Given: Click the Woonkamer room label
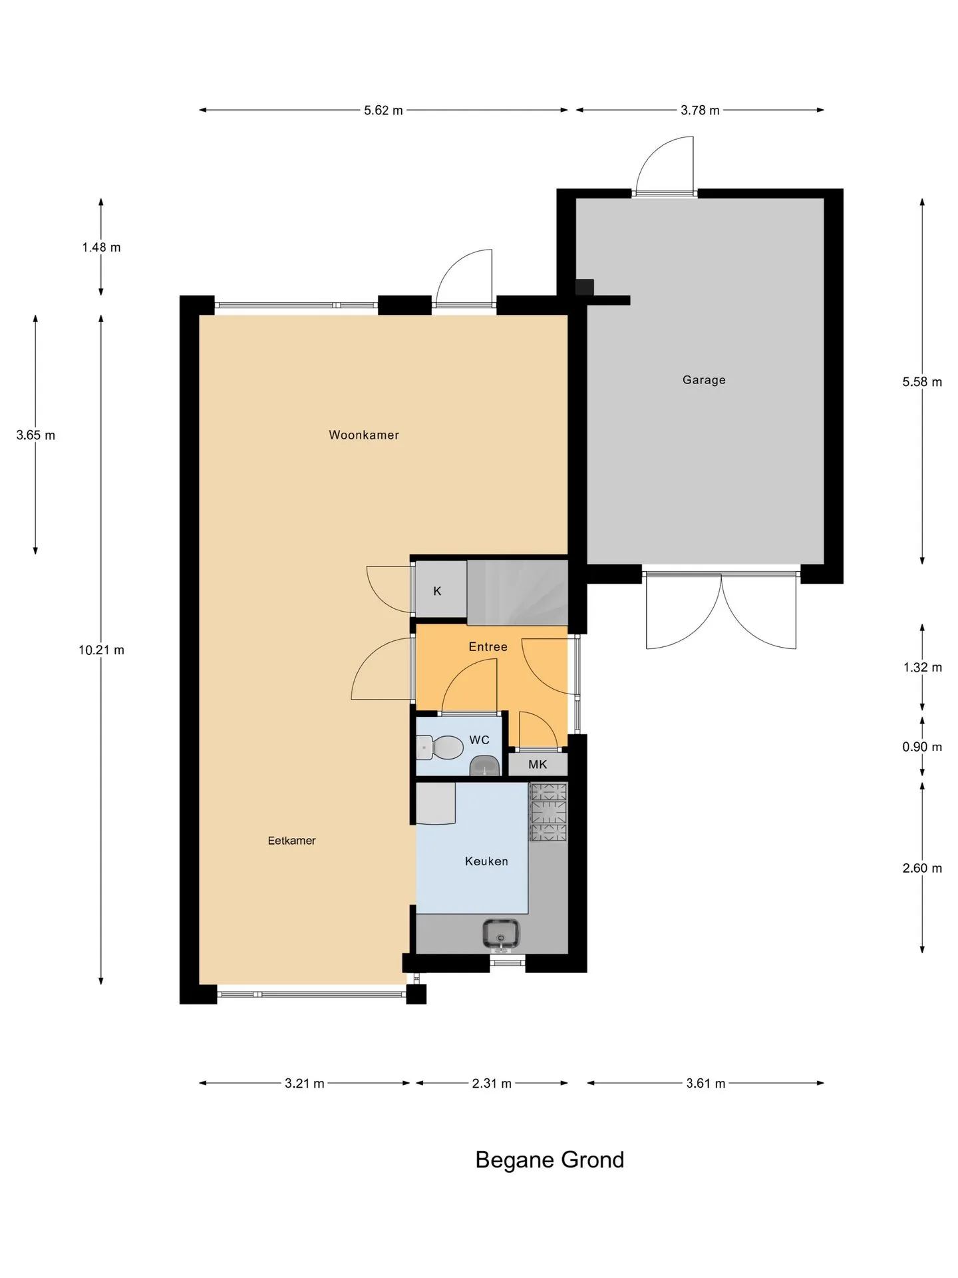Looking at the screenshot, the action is pyautogui.click(x=364, y=435).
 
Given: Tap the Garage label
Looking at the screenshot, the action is pyautogui.click(x=704, y=380).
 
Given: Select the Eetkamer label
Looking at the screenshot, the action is pyautogui.click(x=291, y=841).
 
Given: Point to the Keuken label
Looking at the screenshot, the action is pyautogui.click(x=486, y=861).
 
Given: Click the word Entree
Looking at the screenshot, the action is pyautogui.click(x=488, y=646).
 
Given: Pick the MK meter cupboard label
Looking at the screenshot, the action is pyautogui.click(x=538, y=765).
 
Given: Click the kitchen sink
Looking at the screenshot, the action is pyautogui.click(x=501, y=933).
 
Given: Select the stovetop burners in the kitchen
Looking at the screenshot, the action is pyautogui.click(x=548, y=812).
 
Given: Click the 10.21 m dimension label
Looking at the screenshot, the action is pyautogui.click(x=101, y=650).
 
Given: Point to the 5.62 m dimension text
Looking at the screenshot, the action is pyautogui.click(x=383, y=110).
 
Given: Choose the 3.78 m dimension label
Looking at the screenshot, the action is pyautogui.click(x=700, y=110).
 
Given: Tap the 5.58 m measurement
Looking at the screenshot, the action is pyautogui.click(x=922, y=382).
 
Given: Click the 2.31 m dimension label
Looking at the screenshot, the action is pyautogui.click(x=492, y=1084).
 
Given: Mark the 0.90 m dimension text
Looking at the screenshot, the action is pyautogui.click(x=922, y=747).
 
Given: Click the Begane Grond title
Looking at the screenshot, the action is pyautogui.click(x=550, y=1160).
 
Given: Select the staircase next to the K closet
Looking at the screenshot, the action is pyautogui.click(x=518, y=592).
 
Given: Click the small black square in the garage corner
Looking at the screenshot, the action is pyautogui.click(x=584, y=287).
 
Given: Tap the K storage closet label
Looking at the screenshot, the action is pyautogui.click(x=437, y=591).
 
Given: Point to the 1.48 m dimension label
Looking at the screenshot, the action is pyautogui.click(x=101, y=248).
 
